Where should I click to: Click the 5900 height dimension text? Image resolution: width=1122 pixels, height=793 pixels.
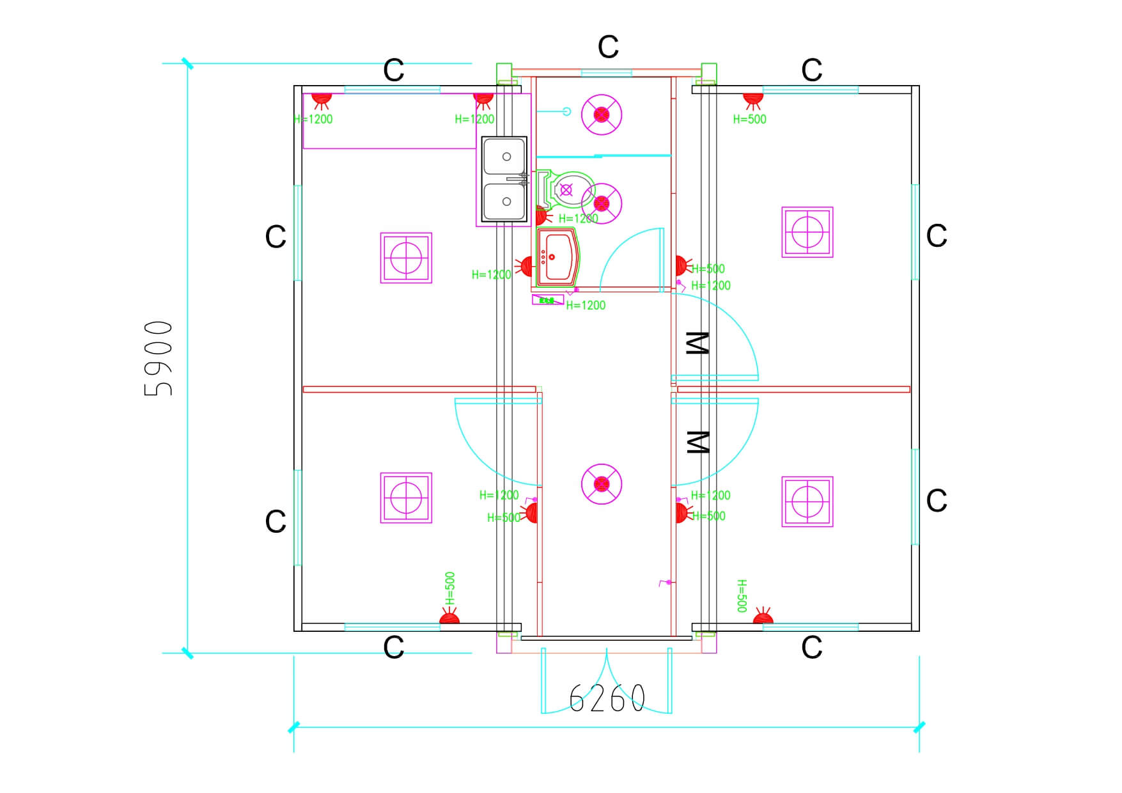159,358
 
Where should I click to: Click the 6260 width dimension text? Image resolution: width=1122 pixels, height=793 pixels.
607,698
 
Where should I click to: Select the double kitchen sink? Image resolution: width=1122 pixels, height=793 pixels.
504,179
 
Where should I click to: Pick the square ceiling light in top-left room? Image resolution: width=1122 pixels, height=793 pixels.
406,258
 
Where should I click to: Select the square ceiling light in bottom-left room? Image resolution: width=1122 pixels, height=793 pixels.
406,498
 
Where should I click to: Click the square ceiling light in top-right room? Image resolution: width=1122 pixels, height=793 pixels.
807,232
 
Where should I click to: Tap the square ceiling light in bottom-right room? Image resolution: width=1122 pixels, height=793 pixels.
807,501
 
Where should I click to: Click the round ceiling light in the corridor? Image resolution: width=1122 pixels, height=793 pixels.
602,484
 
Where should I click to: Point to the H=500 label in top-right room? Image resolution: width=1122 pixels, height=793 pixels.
749,119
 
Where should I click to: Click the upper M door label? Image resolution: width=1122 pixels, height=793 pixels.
697,343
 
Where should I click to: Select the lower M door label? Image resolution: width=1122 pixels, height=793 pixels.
697,442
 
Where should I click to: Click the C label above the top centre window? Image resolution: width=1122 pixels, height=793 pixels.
608,47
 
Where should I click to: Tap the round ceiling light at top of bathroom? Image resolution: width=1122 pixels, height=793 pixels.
602,115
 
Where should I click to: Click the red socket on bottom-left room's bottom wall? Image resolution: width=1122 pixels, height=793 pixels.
449,618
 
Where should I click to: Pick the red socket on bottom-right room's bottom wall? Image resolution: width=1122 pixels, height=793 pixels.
763,618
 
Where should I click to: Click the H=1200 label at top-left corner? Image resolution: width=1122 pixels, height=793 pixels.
313,119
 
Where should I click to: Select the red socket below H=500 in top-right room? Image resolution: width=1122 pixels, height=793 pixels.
753,98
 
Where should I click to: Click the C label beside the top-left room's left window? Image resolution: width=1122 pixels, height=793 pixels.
276,237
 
